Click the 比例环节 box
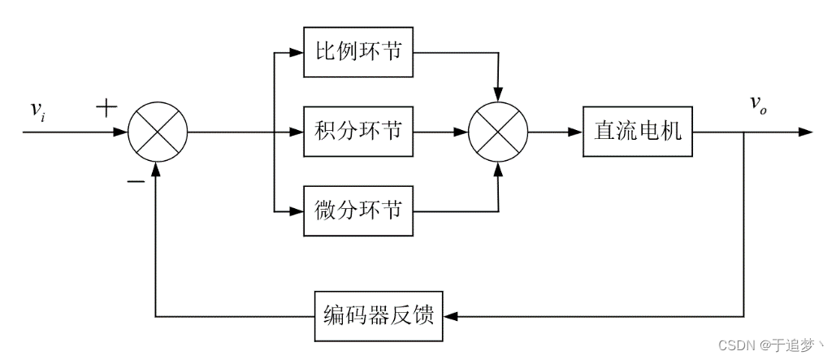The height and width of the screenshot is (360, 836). coord(358,52)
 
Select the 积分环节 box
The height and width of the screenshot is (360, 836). coord(358,131)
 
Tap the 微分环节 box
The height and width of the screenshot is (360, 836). coord(358,210)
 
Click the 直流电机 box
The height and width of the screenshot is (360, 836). coord(638,131)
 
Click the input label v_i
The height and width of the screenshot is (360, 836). coord(37,111)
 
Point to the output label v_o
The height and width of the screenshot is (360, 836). coord(757,103)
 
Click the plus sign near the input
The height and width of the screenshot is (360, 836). coord(106,107)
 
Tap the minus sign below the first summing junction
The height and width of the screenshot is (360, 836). coord(135,180)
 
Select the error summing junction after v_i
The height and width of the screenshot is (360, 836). coord(158,131)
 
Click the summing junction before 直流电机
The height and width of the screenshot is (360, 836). coord(498,131)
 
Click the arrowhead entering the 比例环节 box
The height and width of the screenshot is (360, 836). coord(297,53)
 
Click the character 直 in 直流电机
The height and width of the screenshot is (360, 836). coord(604,131)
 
